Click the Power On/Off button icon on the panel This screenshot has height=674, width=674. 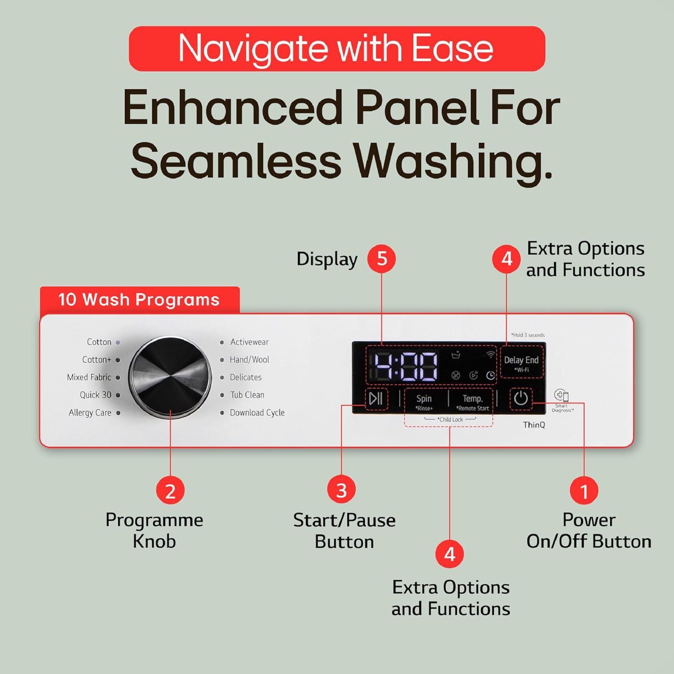coord(521,398)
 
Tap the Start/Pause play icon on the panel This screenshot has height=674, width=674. coord(376,398)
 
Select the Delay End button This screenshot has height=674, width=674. coord(521,360)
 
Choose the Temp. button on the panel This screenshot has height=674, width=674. coord(473,399)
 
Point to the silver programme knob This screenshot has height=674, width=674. coord(170,377)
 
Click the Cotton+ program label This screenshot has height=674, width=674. coord(97,359)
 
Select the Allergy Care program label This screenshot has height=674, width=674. coord(90,412)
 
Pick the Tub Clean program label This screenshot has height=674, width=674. coord(247,395)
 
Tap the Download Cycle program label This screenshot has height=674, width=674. coord(257,412)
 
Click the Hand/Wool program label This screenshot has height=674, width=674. coord(249,359)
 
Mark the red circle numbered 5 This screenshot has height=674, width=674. coord(381,258)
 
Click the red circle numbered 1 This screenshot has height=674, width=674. coord(584,491)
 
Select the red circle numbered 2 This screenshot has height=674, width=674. coord(170,491)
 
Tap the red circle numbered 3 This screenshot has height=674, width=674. coord(341,490)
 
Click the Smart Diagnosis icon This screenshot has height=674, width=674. coord(562,395)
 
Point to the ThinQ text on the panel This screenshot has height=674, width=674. coord(534,425)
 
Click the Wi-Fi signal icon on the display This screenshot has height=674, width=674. coord(490,355)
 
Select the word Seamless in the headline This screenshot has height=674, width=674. coord(236,161)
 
